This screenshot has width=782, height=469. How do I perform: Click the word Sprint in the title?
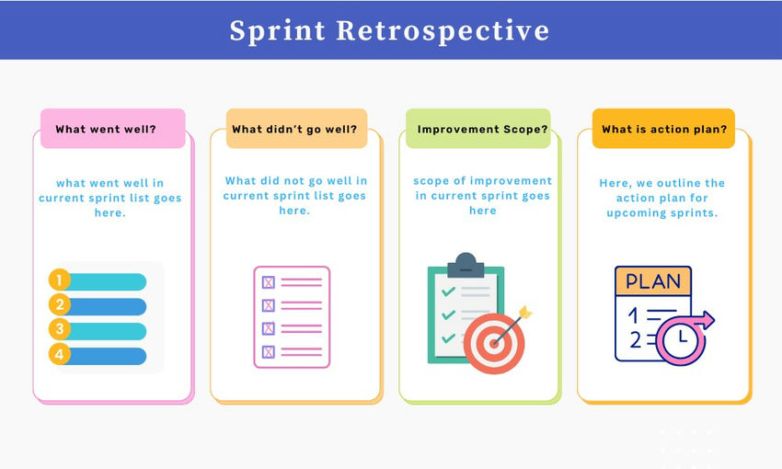pos(277,30)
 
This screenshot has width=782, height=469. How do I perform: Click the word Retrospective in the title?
pos(443,30)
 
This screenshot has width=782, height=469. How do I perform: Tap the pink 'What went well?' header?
pos(112,129)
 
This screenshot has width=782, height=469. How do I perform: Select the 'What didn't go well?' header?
pos(294,129)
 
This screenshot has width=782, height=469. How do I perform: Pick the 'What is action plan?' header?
pos(663,129)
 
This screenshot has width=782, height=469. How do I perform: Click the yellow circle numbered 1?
pos(60,280)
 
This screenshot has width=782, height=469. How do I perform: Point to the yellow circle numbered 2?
pos(60,305)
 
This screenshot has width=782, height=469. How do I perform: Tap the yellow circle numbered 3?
pos(60,329)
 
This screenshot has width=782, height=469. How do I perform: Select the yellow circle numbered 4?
pos(60,354)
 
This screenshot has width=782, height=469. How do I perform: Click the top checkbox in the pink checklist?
pos(269,282)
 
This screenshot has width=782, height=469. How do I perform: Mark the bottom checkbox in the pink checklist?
pos(269,351)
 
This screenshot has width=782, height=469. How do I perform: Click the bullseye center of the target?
pos(494,344)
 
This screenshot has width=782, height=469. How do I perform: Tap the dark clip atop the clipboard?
pos(466,266)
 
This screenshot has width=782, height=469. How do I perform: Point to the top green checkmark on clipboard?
pos(449,292)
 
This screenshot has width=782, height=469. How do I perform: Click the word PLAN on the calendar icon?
pos(652,280)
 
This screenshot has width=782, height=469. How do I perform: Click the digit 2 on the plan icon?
pos(633,340)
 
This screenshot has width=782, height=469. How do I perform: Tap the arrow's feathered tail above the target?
pos(525,314)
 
